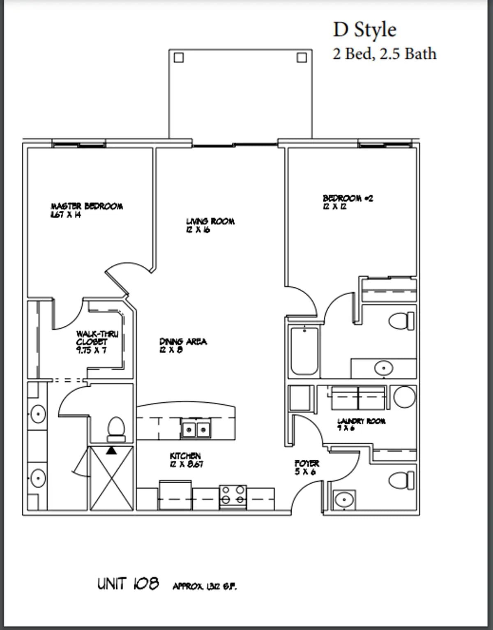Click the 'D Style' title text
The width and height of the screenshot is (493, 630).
pyautogui.click(x=364, y=30)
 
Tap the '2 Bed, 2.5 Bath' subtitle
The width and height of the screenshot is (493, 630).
pyautogui.click(x=384, y=54)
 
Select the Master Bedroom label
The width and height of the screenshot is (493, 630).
pyautogui.click(x=86, y=210)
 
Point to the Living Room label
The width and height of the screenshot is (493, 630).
pyautogui.click(x=210, y=225)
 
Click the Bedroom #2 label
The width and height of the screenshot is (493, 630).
pyautogui.click(x=348, y=202)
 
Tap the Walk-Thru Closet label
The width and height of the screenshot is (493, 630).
pyautogui.click(x=97, y=342)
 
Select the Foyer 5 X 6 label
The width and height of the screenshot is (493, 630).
pyautogui.click(x=306, y=468)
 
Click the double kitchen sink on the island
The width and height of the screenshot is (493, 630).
pyautogui.click(x=196, y=429)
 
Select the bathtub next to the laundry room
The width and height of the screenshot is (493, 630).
pyautogui.click(x=304, y=351)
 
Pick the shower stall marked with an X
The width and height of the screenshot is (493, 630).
pyautogui.click(x=112, y=478)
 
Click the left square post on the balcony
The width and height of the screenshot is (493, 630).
pyautogui.click(x=178, y=58)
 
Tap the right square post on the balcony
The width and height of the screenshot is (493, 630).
pyautogui.click(x=302, y=58)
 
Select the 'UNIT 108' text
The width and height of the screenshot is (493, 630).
pyautogui.click(x=128, y=584)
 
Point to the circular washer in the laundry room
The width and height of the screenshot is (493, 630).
pyautogui.click(x=404, y=397)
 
